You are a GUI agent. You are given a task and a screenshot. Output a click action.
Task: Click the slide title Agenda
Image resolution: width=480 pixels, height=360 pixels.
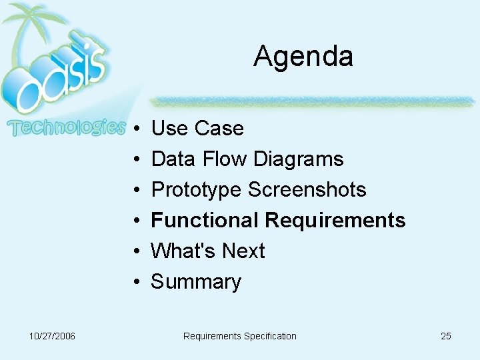303,56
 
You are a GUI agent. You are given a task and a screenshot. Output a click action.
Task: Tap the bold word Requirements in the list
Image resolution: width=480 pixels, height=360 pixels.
335,220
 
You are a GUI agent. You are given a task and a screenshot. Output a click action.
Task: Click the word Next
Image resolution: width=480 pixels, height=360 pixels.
243,251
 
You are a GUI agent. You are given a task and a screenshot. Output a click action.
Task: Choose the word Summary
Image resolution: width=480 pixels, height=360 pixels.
195,282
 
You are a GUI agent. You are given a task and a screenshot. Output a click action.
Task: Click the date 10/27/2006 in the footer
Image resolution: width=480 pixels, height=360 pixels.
52,336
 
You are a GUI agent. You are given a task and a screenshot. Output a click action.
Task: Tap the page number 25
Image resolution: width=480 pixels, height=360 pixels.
445,336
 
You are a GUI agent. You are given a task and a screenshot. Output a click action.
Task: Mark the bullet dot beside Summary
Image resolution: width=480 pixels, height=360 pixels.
135,282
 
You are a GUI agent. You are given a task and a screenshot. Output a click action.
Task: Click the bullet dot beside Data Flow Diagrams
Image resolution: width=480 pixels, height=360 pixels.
135,159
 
